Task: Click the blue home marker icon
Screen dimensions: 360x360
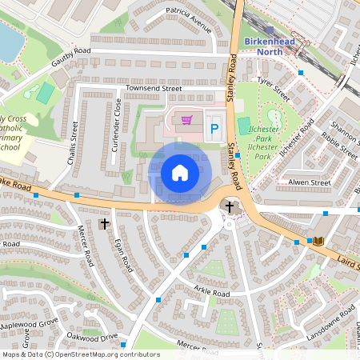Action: tap(180, 173)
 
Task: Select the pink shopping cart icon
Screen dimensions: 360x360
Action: tap(186, 120)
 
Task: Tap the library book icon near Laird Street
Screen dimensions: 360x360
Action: tap(318, 241)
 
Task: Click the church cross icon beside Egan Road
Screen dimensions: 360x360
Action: tap(104, 223)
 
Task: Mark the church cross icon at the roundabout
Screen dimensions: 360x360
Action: tap(230, 206)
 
